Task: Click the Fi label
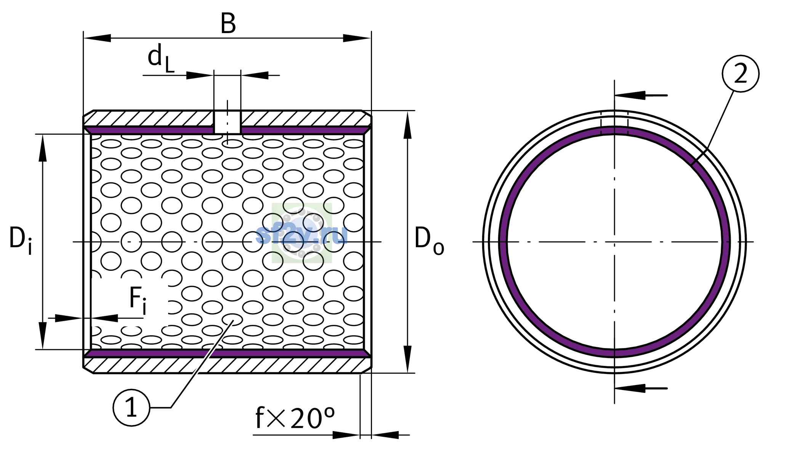(x=138, y=300)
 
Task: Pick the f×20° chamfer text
(x=295, y=418)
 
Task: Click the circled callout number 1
(x=131, y=407)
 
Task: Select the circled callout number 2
(x=740, y=74)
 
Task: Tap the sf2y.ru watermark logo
(x=301, y=233)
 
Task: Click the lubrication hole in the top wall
(x=227, y=122)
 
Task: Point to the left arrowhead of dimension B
(x=97, y=38)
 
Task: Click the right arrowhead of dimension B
(x=357, y=38)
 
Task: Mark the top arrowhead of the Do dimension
(x=407, y=125)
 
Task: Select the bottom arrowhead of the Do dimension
(x=407, y=359)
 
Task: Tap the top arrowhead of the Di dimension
(x=43, y=148)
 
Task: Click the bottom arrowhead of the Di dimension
(x=43, y=336)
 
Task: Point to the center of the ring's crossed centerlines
(x=614, y=242)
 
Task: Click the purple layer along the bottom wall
(x=227, y=353)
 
